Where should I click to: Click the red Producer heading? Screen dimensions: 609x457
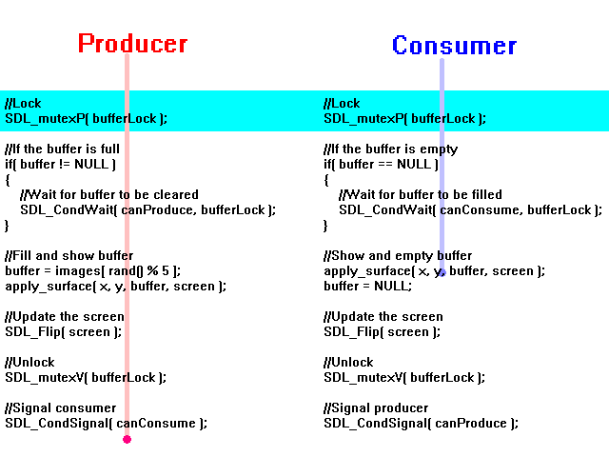coord(133,43)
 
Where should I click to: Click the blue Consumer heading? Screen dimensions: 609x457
coord(454,46)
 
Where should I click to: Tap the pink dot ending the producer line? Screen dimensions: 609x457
coord(127,439)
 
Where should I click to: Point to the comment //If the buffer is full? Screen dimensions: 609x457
coord(62,149)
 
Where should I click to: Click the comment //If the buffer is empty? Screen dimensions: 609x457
coord(391,149)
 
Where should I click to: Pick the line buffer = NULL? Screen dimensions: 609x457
coord(368,286)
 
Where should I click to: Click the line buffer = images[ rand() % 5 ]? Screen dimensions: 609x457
coord(93,270)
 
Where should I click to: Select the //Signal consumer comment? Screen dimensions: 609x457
coord(61,408)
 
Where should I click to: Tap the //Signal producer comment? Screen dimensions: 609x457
coord(376,408)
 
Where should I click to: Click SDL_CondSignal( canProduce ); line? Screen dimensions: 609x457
coord(421,423)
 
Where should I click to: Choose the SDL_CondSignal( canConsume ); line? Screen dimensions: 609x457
coord(106,423)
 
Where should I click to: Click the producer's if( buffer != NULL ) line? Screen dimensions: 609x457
coord(60,165)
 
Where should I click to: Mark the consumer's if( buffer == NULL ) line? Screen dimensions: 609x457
coord(381,165)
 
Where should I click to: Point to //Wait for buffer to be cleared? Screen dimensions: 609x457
coord(109,194)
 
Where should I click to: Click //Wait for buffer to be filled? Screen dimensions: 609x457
coord(421,194)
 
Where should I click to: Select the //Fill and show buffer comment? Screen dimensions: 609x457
coord(69,256)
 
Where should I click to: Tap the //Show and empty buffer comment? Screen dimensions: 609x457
coord(398,256)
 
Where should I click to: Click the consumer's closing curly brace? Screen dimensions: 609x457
coord(325,226)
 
